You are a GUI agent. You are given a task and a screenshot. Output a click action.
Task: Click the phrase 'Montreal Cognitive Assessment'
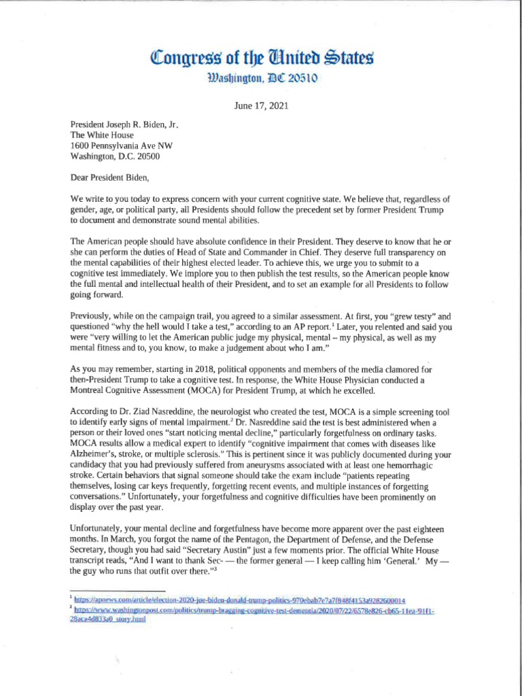pyautogui.click(x=126, y=390)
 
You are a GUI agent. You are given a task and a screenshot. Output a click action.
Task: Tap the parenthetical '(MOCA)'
pyautogui.click(x=198, y=390)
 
